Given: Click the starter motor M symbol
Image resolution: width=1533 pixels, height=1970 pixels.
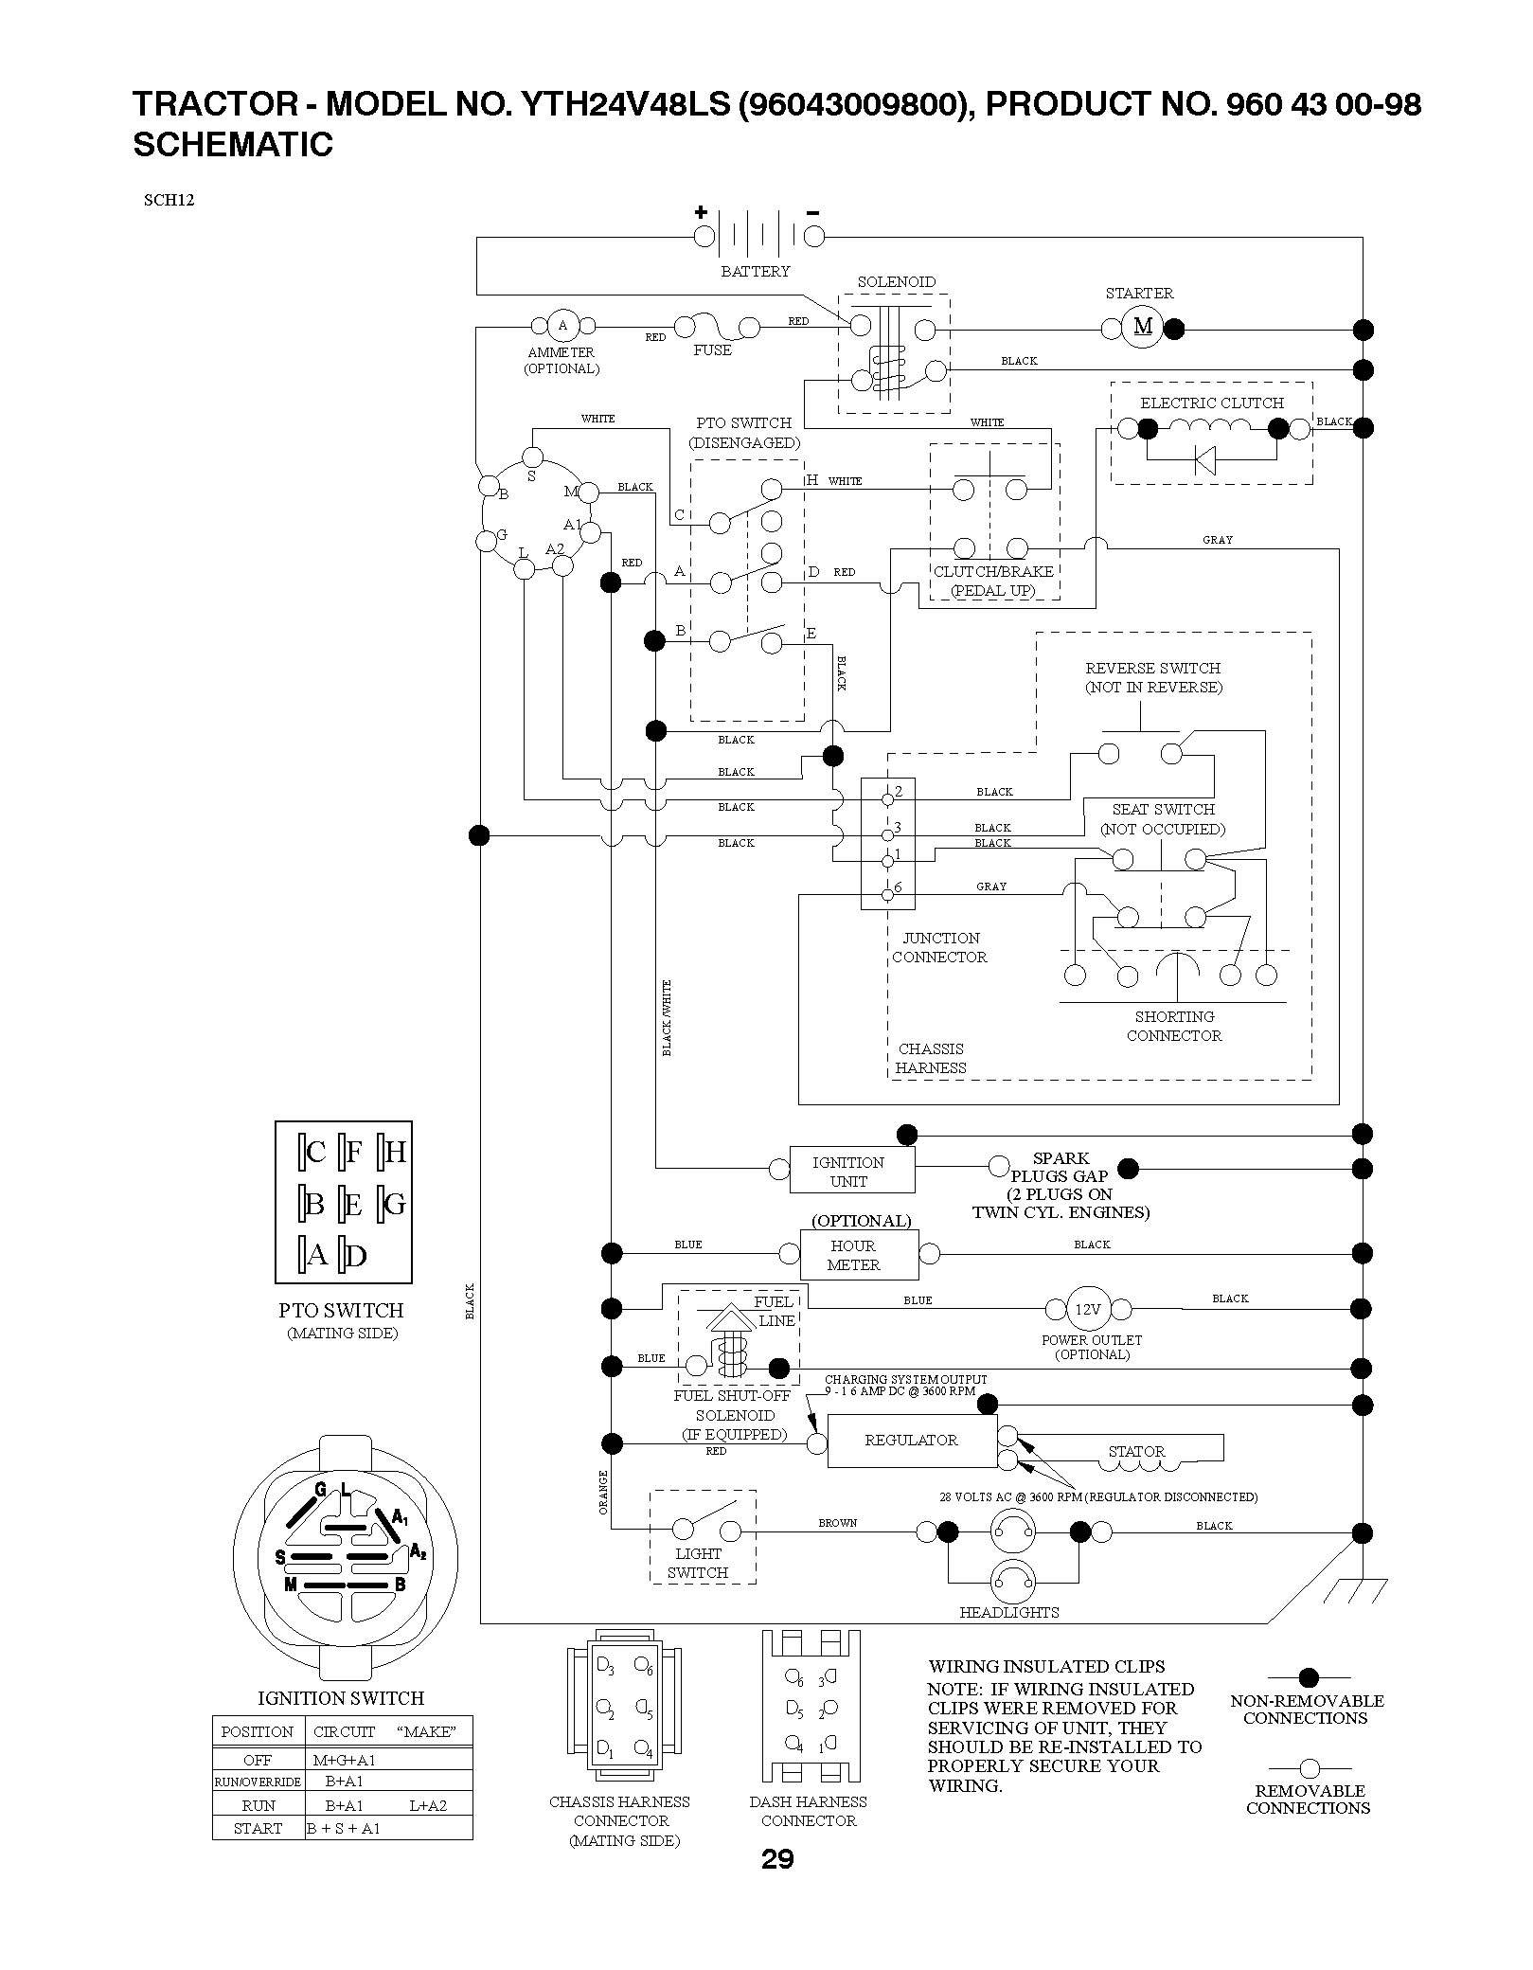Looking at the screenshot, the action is click(1143, 327).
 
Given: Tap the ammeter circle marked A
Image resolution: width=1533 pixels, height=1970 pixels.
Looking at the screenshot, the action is click(562, 326).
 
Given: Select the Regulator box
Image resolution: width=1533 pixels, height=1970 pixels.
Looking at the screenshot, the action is click(912, 1442).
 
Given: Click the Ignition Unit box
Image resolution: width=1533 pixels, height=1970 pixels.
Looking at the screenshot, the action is click(848, 1172).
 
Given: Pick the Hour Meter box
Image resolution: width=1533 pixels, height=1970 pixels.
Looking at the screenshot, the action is click(860, 1256).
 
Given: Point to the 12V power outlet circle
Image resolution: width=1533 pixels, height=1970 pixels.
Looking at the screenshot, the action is click(1088, 1309).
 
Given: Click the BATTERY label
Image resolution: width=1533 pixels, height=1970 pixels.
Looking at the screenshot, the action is click(756, 272).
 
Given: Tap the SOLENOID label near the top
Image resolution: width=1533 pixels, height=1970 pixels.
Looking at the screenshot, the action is click(896, 282).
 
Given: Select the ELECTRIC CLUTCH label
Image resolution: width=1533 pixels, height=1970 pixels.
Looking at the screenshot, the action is click(1212, 403).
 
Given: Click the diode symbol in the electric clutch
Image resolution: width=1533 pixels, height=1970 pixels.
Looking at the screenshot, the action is click(1204, 461).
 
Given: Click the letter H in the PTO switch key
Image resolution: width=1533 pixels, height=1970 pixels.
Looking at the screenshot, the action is click(396, 1152).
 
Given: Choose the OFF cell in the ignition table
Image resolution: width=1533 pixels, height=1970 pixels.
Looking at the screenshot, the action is click(258, 1760).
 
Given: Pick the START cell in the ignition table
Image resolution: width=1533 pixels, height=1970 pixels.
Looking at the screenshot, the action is click(258, 1828).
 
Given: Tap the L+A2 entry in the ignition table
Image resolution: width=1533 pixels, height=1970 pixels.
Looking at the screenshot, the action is click(428, 1805).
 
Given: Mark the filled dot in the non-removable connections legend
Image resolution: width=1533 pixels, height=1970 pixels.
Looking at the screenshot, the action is click(1309, 1678).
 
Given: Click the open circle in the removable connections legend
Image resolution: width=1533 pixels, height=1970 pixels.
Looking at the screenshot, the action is click(1309, 1768).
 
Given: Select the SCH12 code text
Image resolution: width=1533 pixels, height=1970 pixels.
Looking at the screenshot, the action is click(169, 200).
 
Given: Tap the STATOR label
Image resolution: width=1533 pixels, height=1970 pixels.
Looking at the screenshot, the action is click(1136, 1451).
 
